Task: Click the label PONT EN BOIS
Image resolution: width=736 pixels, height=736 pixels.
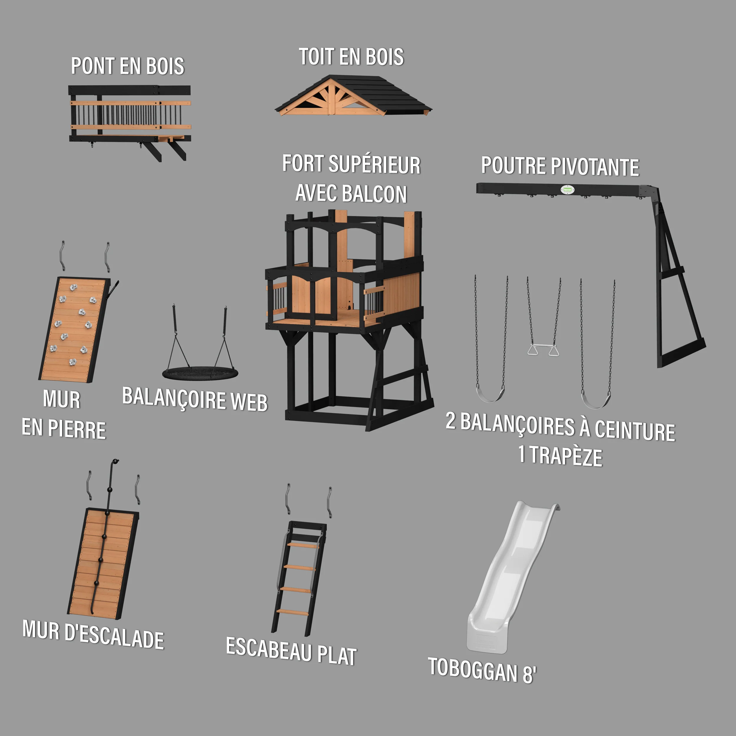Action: [127, 66]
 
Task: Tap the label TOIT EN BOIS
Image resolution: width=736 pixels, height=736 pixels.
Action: [351, 57]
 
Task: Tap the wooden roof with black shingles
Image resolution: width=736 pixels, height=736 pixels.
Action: [354, 95]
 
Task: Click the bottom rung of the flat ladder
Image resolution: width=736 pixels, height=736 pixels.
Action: [292, 613]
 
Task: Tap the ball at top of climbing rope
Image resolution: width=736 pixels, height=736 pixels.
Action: [115, 461]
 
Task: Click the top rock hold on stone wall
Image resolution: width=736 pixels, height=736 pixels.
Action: [73, 287]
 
